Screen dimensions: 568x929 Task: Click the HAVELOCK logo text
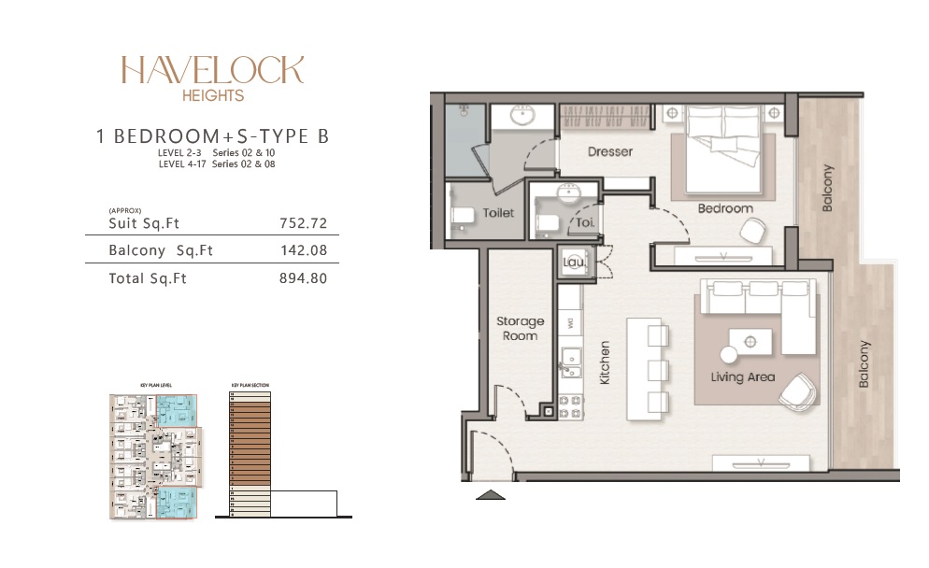click(x=212, y=71)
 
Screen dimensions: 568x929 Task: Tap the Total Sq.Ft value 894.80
click(x=303, y=278)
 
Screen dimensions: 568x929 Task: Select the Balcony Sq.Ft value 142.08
click(x=303, y=250)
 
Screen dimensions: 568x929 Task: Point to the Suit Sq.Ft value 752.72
click(x=303, y=223)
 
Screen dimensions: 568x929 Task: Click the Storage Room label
click(x=520, y=328)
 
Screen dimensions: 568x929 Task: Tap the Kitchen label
click(x=605, y=362)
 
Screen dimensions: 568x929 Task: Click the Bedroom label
click(x=725, y=208)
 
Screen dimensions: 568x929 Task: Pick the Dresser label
click(x=610, y=151)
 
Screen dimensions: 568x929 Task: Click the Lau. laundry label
click(x=573, y=263)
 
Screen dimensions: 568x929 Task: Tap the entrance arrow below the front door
click(x=491, y=495)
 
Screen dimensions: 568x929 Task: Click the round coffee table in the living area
click(x=729, y=354)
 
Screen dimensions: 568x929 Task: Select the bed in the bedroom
click(x=725, y=140)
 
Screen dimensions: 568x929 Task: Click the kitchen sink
click(x=569, y=360)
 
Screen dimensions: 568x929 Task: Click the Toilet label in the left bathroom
click(x=498, y=213)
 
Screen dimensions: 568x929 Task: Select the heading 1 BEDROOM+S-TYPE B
click(x=212, y=136)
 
